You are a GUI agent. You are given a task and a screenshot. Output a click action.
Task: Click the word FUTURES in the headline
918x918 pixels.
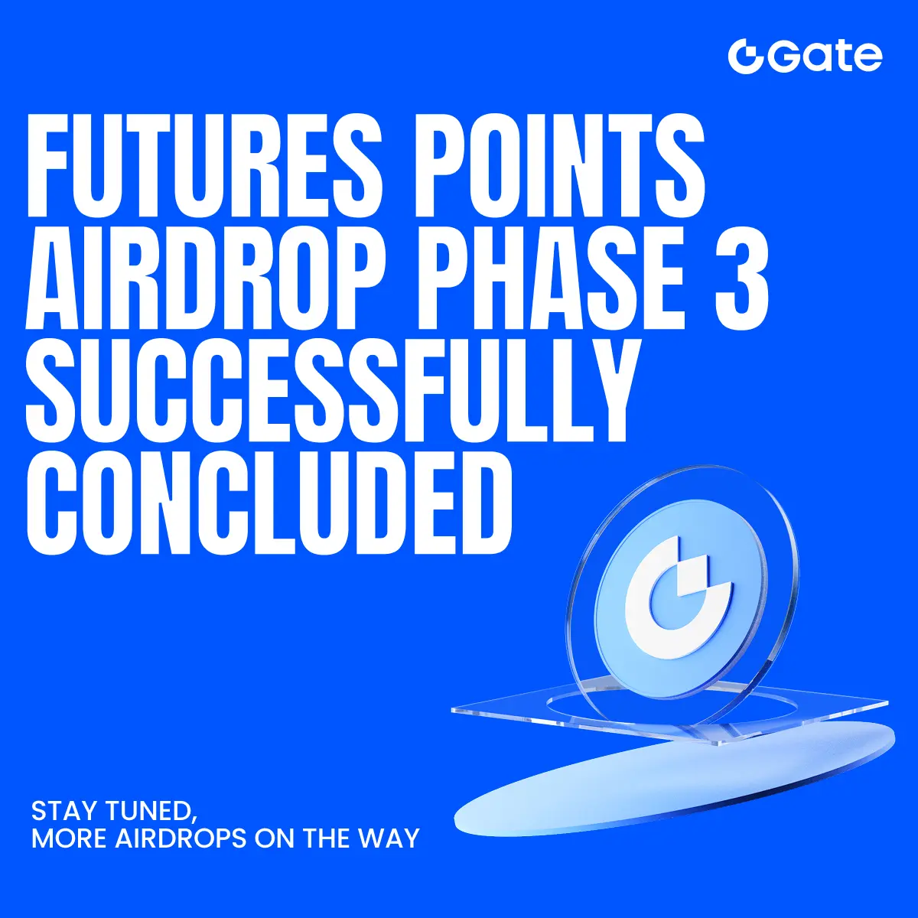coord(204,165)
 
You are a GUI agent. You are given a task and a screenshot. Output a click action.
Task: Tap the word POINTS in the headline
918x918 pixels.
coord(559,165)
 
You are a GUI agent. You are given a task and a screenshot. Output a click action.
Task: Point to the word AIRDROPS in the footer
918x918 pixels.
coord(181,838)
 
